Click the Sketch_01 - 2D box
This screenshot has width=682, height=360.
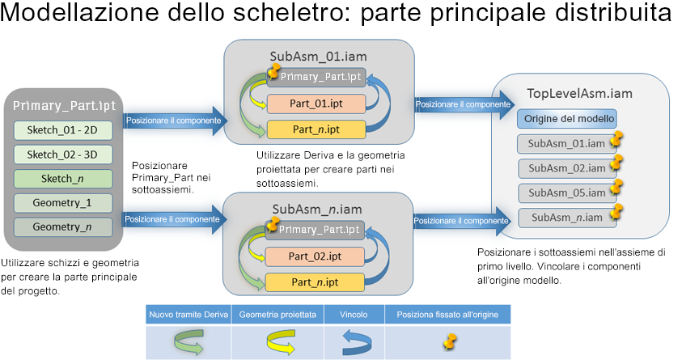tap(63, 130)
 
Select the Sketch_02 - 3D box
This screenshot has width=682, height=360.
tap(63, 155)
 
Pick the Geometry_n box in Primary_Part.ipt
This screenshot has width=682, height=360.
tap(63, 227)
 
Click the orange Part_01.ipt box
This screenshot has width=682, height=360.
tap(316, 103)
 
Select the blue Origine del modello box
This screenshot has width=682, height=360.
tap(567, 119)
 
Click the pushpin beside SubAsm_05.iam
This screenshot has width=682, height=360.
tap(616, 189)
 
